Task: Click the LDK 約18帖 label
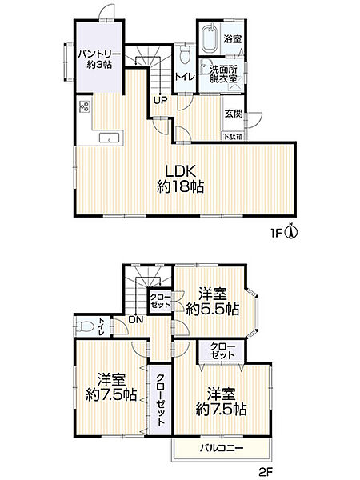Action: [183, 178]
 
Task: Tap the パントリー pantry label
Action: [98, 59]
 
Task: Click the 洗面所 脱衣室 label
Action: [224, 74]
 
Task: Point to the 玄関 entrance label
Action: [234, 114]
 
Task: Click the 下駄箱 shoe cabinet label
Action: [234, 137]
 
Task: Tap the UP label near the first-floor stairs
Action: [160, 101]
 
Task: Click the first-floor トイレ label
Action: [184, 78]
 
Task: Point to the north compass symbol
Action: [293, 232]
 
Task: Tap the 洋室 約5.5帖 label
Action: [211, 301]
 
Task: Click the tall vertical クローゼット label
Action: [160, 394]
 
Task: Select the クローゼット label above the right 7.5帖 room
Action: [222, 350]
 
